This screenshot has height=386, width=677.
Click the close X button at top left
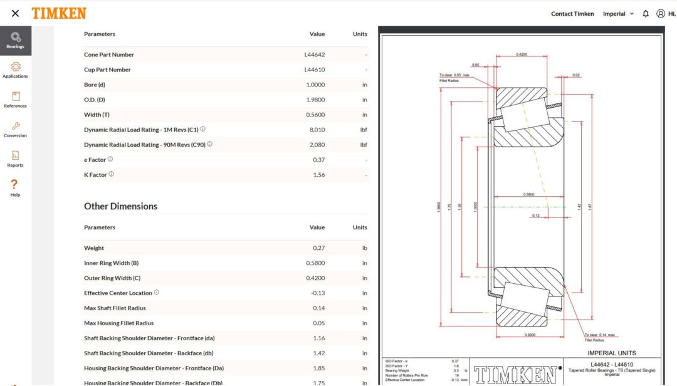coord(15,13)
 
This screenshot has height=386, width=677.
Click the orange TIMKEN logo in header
coord(59,13)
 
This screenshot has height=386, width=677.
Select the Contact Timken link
coord(572,14)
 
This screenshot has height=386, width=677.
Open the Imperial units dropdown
coord(618,14)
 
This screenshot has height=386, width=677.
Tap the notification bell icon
coord(646,14)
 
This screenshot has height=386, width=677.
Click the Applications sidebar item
coord(15,70)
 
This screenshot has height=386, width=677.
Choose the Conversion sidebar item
coord(15,129)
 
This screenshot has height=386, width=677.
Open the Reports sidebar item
coord(15,159)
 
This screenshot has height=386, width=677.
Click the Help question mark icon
coord(15,184)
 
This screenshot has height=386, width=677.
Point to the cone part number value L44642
coord(315,55)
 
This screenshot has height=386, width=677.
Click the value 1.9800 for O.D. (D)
coord(315,100)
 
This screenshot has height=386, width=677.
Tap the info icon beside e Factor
coord(110,159)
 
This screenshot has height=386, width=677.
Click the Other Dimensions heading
coord(120,206)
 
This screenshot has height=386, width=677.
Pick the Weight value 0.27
coord(318,248)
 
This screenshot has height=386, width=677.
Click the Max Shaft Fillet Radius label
coord(115,308)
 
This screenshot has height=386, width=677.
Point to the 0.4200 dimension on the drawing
coord(521,55)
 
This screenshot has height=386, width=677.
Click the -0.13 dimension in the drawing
coord(535,215)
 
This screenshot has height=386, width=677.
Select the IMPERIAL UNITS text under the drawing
coord(611,353)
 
